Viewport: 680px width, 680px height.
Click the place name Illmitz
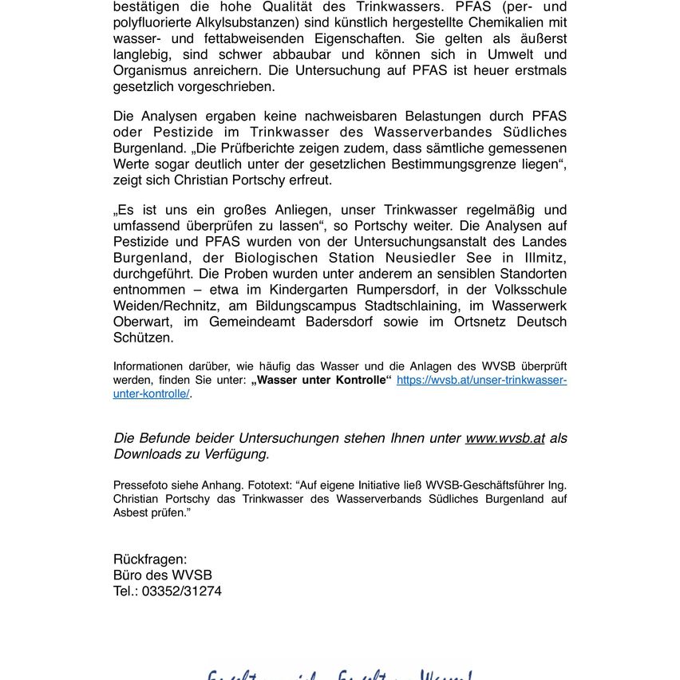tap(544, 258)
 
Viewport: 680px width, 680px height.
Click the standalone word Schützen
tap(143, 338)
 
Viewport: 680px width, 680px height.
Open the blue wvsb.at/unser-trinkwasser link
tap(481, 381)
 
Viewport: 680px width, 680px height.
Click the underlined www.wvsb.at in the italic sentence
tap(505, 438)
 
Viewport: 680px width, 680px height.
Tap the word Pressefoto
tap(139, 485)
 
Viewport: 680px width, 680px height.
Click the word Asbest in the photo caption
tap(130, 512)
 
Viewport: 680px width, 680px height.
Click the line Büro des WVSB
tap(163, 575)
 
